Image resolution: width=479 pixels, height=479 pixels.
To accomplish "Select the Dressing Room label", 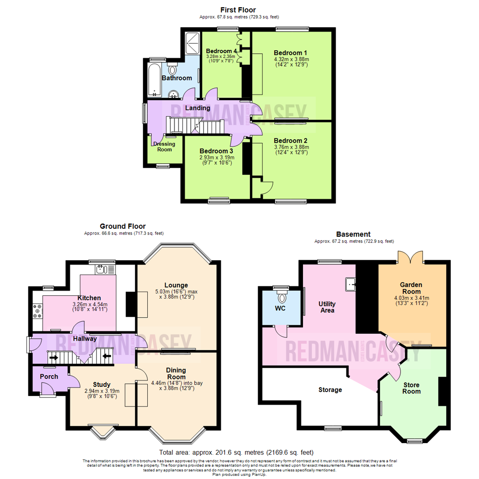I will tap(164, 146).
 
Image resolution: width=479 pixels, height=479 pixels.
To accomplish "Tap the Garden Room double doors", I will tap(410, 257).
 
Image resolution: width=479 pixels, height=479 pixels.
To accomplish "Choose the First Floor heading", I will tap(238, 10).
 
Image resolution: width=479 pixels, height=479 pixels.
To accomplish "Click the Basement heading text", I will tap(353, 234).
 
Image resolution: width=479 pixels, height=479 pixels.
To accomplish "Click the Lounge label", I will tap(176, 285).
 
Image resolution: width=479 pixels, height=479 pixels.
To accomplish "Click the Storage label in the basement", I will tap(330, 390).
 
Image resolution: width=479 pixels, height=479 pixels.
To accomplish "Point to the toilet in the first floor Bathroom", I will tap(173, 71).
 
